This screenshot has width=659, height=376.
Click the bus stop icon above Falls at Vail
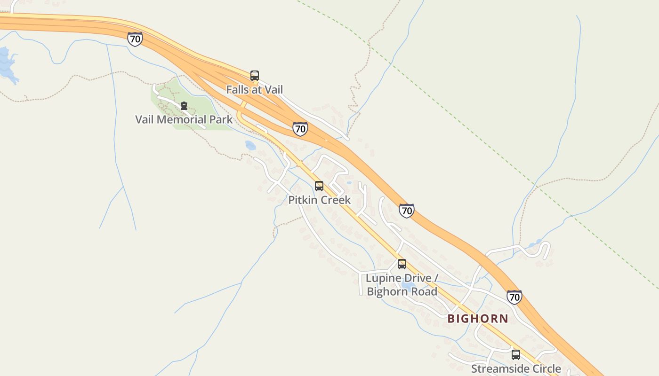(x=255, y=75)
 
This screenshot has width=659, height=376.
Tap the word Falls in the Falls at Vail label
(x=237, y=89)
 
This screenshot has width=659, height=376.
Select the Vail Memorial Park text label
(x=184, y=119)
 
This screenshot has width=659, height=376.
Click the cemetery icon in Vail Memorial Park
(x=184, y=106)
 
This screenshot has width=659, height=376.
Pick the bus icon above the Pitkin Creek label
(x=319, y=186)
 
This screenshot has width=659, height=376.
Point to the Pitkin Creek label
(x=319, y=200)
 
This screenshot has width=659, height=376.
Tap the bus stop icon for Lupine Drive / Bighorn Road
(x=402, y=264)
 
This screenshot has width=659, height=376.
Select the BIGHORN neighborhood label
(x=478, y=319)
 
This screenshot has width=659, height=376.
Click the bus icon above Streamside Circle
(x=516, y=355)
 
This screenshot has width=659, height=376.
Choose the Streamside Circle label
(x=516, y=368)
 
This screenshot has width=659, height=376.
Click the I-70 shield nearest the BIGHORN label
(x=514, y=297)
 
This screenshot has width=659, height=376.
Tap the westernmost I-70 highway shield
(x=135, y=39)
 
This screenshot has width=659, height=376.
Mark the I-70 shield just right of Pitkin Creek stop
(x=406, y=211)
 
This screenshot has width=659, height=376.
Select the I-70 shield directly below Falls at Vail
(x=300, y=129)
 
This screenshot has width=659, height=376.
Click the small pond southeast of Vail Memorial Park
(x=250, y=146)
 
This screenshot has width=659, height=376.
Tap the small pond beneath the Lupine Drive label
(x=408, y=285)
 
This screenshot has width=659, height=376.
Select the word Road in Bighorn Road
(x=425, y=291)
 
